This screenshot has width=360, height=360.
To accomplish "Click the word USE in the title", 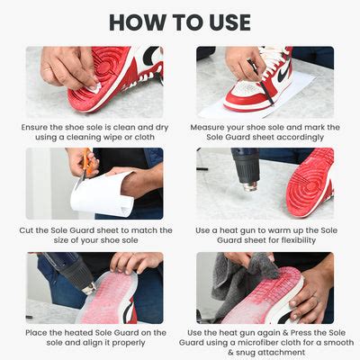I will pos(224,21).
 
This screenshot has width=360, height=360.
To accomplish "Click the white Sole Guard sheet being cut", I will pos(102,193).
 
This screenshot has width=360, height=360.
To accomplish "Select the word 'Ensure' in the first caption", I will pos(40,127).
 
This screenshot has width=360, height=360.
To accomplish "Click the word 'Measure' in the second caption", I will pos(216,127).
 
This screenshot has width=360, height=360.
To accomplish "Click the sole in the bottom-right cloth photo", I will pos(261,301).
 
